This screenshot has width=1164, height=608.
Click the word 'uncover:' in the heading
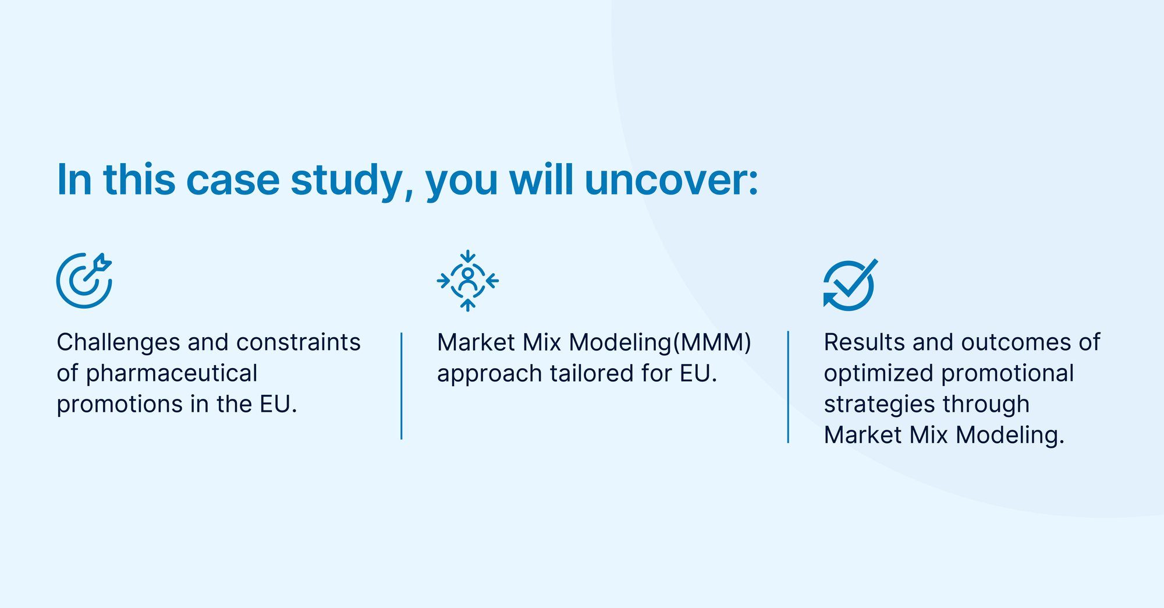[671, 180]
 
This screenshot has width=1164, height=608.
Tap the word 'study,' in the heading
[352, 180]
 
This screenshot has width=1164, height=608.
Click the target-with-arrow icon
[84, 281]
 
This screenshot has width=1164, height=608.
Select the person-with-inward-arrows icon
[467, 281]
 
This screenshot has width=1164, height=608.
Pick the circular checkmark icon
[849, 285]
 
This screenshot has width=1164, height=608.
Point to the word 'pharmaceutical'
[172, 374]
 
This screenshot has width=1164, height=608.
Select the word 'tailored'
[591, 374]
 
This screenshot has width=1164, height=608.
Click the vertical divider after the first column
[402, 386]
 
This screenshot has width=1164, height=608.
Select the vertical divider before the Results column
[788, 387]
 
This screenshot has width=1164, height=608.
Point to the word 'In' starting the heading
[74, 180]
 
